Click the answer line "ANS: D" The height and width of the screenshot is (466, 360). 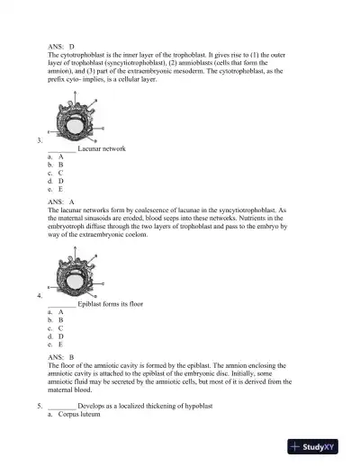tap(61, 45)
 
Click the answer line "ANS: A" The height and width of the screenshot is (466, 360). tap(61, 202)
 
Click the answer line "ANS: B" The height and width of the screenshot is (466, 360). tap(61, 357)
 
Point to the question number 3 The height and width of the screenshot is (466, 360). tap(39, 140)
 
